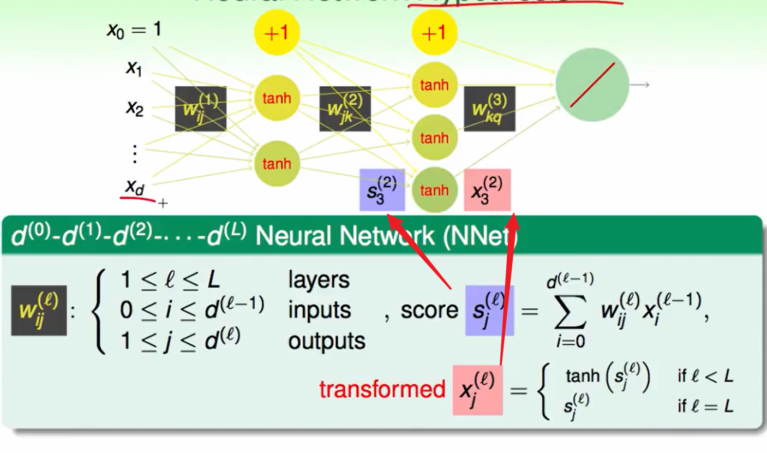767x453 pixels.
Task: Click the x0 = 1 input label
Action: pyautogui.click(x=134, y=29)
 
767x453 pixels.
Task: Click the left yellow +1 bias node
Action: pyautogui.click(x=277, y=33)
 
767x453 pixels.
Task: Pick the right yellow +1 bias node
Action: pyautogui.click(x=434, y=33)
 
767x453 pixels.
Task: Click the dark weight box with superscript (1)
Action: pyautogui.click(x=200, y=109)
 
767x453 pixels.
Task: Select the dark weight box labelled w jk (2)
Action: pyautogui.click(x=345, y=109)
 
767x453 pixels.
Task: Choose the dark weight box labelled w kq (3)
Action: pyautogui.click(x=489, y=109)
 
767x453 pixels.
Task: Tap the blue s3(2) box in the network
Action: pyautogui.click(x=382, y=189)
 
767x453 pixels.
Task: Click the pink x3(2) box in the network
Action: pyautogui.click(x=487, y=189)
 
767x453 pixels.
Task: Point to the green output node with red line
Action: pyautogui.click(x=592, y=85)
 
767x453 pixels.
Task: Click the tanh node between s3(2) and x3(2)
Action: pyautogui.click(x=434, y=190)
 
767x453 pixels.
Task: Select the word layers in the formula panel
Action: pyautogui.click(x=319, y=279)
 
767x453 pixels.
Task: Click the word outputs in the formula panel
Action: pyautogui.click(x=327, y=341)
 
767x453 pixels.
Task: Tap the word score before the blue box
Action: pyautogui.click(x=429, y=310)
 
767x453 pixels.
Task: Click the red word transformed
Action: pyautogui.click(x=382, y=389)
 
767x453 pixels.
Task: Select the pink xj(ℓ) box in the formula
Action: pyautogui.click(x=477, y=389)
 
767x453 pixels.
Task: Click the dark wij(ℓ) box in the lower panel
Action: pyautogui.click(x=39, y=310)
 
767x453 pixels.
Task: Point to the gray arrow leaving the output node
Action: pyautogui.click(x=640, y=85)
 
